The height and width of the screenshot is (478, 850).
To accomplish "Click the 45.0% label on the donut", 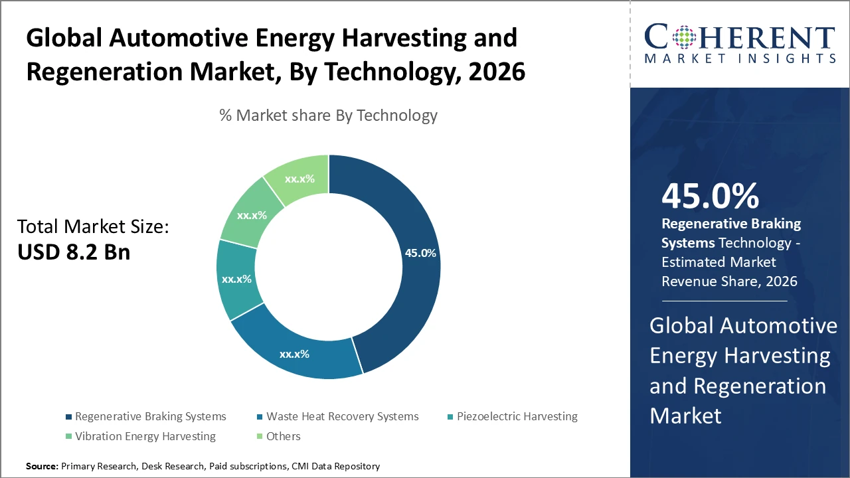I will point(420,253).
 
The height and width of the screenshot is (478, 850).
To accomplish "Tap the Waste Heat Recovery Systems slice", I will point(294,354).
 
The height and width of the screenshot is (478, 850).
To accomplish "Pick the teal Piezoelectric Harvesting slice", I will point(236,279).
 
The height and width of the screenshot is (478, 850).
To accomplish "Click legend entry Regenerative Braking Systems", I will point(150,416).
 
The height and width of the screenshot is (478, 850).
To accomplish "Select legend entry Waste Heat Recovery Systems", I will point(342,416).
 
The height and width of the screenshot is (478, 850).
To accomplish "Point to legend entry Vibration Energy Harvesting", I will point(145,436).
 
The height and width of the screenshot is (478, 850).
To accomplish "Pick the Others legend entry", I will point(283,436).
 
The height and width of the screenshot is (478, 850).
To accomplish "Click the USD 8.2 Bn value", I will point(74,252).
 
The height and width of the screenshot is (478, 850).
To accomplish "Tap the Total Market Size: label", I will point(93,227).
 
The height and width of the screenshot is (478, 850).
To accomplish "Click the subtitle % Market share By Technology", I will point(328,116).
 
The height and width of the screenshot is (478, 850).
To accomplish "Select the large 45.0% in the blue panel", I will point(710,196).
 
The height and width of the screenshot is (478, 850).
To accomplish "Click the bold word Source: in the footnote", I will point(42,467).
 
